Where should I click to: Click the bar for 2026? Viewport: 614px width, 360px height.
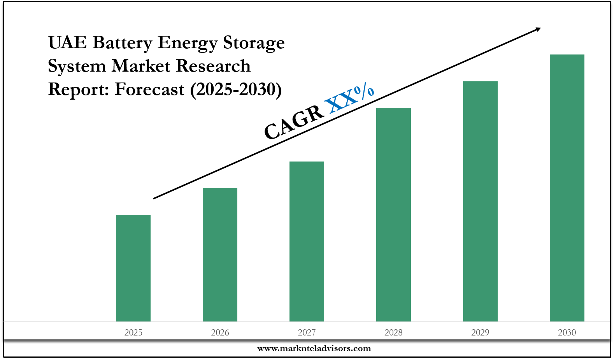tap(220, 255)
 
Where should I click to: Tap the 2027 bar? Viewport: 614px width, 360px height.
tap(307, 241)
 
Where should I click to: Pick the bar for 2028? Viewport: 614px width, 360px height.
tap(393, 214)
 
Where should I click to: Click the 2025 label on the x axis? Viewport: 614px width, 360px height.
tap(133, 332)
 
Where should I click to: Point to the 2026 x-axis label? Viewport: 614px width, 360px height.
tap(220, 332)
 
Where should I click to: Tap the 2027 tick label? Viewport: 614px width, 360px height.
tap(307, 332)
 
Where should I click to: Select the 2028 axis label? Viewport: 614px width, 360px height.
tap(393, 332)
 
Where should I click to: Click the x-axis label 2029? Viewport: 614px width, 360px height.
tap(480, 332)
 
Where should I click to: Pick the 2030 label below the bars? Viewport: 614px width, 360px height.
tap(567, 332)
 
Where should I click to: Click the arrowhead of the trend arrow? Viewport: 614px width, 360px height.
tap(538, 29)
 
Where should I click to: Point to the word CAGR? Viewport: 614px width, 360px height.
tap(294, 122)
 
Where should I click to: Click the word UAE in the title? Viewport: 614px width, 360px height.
tap(67, 42)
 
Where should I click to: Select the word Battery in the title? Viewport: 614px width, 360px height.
tap(122, 43)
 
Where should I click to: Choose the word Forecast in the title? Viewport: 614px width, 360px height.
tap(149, 90)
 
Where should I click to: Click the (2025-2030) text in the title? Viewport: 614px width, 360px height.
tap(236, 90)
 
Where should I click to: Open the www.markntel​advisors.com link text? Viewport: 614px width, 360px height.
tap(314, 348)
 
